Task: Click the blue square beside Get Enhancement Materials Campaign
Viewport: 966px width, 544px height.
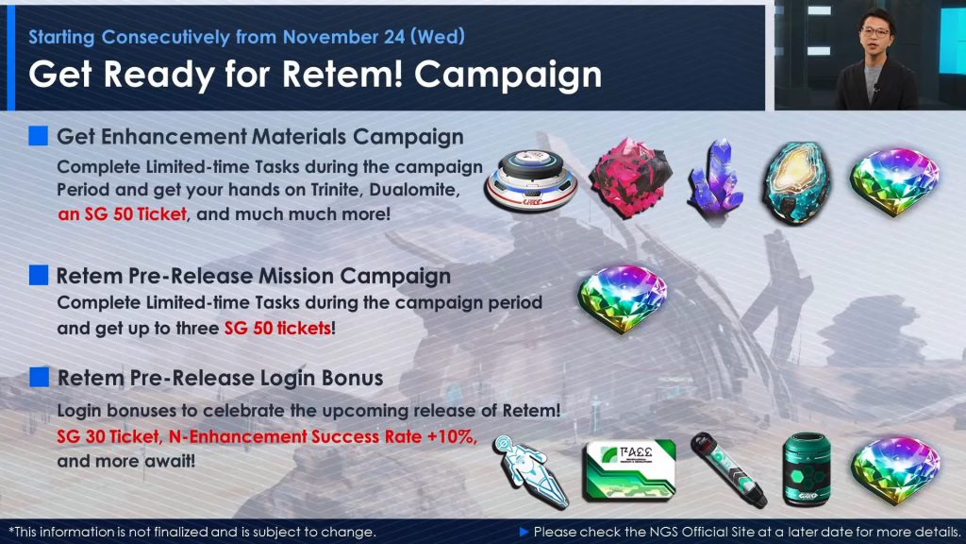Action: (38, 136)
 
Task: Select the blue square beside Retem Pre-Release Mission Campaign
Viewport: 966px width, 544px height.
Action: (38, 275)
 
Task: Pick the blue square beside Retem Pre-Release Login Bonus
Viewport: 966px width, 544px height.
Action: (39, 377)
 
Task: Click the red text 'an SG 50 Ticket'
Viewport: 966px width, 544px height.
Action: (122, 214)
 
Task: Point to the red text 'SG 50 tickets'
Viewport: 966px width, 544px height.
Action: (278, 328)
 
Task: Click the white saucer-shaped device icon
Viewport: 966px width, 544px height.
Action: (531, 180)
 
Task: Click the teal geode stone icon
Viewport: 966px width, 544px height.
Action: (796, 182)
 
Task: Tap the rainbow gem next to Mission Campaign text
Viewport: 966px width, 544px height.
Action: (623, 299)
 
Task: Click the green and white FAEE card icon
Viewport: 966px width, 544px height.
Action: (629, 470)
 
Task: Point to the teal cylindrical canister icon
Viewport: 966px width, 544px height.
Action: (807, 469)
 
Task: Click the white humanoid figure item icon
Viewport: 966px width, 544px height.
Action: (529, 472)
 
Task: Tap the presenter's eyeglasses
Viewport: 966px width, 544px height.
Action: (875, 32)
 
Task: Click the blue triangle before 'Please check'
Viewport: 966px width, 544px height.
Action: (525, 532)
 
